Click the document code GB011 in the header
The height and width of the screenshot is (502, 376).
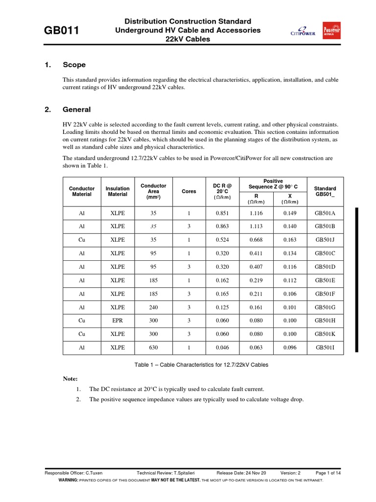pyautogui.click(x=62, y=31)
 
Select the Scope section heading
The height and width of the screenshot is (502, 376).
pyautogui.click(x=74, y=65)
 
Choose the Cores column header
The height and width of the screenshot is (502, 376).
pyautogui.click(x=188, y=192)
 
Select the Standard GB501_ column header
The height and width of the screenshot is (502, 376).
pyautogui.click(x=325, y=191)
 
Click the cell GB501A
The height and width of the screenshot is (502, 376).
pyautogui.click(x=325, y=213)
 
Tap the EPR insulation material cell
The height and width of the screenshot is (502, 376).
pyautogui.click(x=117, y=321)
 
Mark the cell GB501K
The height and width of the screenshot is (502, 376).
pyautogui.click(x=325, y=334)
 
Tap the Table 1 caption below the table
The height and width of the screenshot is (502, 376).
pyautogui.click(x=201, y=365)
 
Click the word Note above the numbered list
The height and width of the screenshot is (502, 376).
pyautogui.click(x=70, y=379)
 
